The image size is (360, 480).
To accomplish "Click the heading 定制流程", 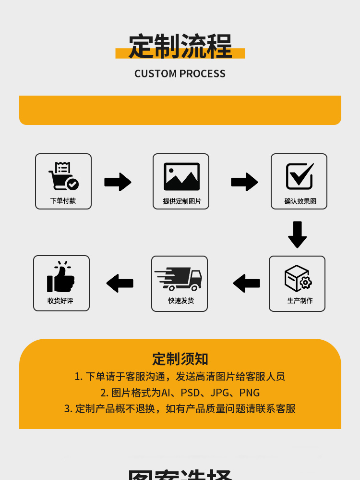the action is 180,47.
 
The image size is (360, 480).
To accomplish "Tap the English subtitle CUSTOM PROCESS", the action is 180,74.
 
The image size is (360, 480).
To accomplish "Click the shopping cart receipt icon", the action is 63,176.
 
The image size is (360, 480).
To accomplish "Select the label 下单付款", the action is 63,201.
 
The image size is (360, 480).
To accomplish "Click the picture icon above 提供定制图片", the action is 181,176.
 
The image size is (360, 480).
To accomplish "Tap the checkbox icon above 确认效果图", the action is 300,176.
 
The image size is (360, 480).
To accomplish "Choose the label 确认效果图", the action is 300,201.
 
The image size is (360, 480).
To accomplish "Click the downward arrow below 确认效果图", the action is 297,234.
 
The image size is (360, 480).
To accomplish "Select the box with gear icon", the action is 298,278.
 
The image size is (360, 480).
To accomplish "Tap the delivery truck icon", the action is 179,279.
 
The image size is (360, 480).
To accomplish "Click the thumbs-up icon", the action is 61,277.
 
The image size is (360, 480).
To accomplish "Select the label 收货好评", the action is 60,301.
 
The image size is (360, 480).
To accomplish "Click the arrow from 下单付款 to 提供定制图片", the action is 118,182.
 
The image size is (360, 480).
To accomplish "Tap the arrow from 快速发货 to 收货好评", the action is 120,283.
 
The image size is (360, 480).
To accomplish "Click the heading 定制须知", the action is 180,359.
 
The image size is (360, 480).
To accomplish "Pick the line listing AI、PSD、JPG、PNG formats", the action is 180,393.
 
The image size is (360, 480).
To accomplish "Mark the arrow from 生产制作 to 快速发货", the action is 246,283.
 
